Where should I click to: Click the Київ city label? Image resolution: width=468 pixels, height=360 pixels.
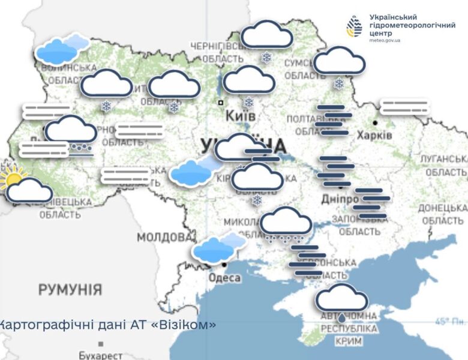[x=241, y=115]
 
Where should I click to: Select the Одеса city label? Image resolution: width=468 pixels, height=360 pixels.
[x=224, y=278]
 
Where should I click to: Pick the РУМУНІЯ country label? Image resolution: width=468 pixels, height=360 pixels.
[x=70, y=290]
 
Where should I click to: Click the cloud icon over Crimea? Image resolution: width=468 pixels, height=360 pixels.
[x=341, y=298]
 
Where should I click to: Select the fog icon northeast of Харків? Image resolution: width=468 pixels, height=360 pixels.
[x=405, y=107]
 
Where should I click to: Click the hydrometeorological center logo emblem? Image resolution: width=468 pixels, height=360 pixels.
[x=355, y=27]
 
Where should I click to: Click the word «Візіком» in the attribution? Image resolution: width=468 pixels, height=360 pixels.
[x=187, y=325]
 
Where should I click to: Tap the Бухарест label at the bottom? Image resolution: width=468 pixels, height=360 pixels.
[x=101, y=355]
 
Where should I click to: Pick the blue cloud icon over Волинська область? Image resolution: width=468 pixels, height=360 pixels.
[x=62, y=49]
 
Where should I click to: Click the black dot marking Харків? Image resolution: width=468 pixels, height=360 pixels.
[x=375, y=122]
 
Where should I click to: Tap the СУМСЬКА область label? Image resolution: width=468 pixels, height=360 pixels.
[x=305, y=68]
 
